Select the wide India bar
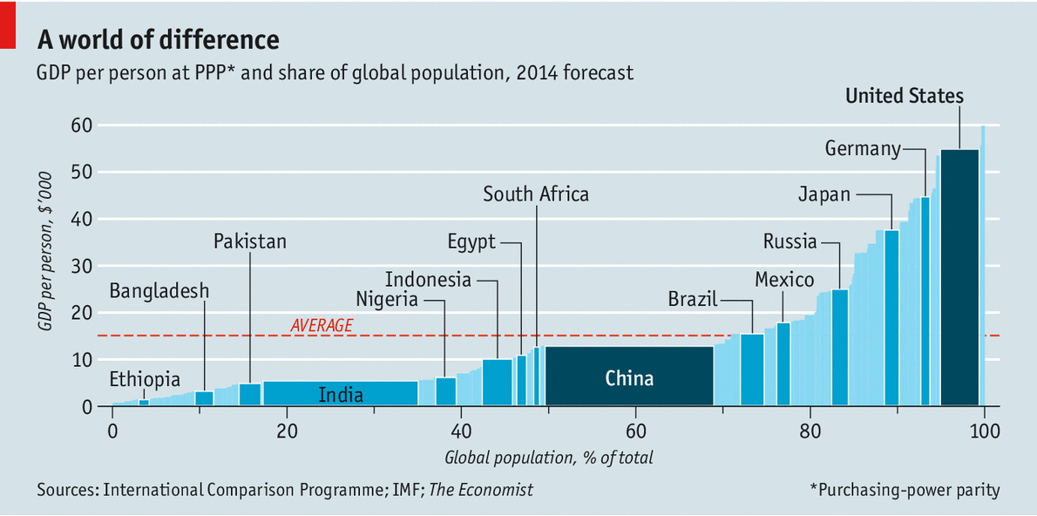tap(340, 393)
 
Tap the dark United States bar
tap(959, 277)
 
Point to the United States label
tap(905, 96)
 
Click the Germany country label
tap(863, 149)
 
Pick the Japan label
tap(823, 194)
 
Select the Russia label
tap(790, 241)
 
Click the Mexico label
tap(784, 280)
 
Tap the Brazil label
tap(693, 300)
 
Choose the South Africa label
tap(536, 194)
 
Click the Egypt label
tap(471, 241)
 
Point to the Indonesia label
tap(428, 280)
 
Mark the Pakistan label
tap(250, 241)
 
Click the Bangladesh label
tap(159, 290)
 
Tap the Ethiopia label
tap(145, 379)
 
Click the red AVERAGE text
tap(322, 325)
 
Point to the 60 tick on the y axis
tap(81, 126)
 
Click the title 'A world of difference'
tap(158, 40)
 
